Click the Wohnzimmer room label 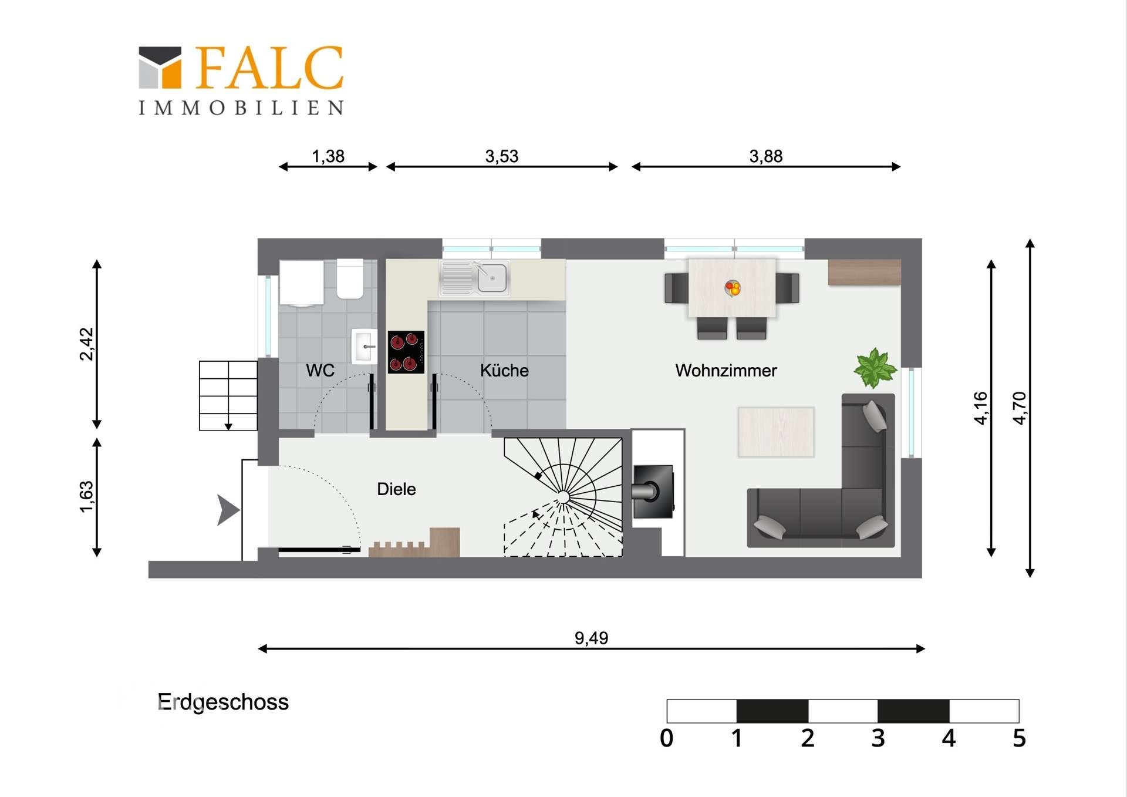tap(726, 371)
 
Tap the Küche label tap(504, 371)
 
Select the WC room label tap(320, 371)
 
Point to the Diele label tap(396, 489)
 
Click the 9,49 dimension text tap(591, 638)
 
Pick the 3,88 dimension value tap(765, 156)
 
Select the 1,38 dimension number tap(328, 156)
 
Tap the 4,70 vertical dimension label tap(1020, 408)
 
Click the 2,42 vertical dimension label tap(86, 344)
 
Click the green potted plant tap(875, 368)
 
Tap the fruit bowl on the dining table tap(733, 288)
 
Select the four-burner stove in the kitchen tap(406, 352)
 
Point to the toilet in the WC tap(350, 278)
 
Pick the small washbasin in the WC tap(363, 347)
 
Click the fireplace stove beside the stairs tap(653, 492)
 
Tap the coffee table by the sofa tap(776, 432)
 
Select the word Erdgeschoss tap(223, 702)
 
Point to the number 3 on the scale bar tap(878, 738)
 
